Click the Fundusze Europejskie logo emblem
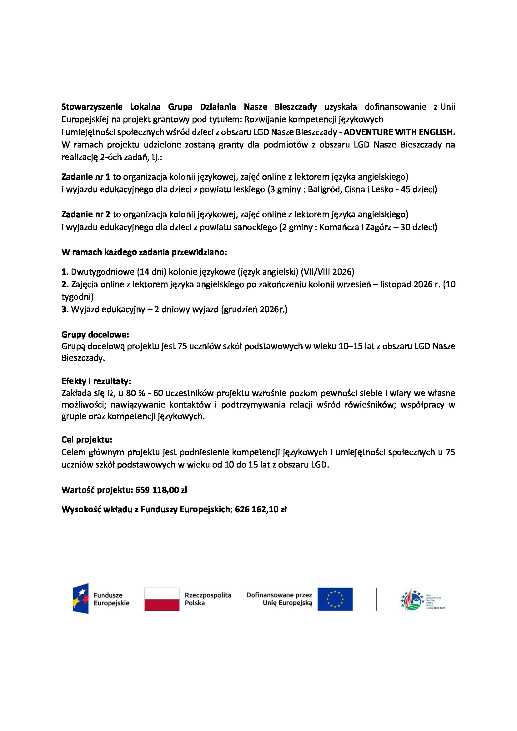(81, 598)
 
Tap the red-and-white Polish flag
(162, 599)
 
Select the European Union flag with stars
(335, 599)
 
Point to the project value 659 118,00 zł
(161, 490)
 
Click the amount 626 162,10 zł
(261, 509)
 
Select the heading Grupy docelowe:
(95, 334)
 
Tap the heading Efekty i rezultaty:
(96, 381)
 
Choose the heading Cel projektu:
(87, 440)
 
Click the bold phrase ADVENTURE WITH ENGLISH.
(399, 132)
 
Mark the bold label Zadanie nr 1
(86, 177)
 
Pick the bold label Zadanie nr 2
(86, 214)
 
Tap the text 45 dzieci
(418, 189)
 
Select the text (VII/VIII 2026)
(327, 272)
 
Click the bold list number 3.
(65, 309)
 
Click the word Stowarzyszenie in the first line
(92, 107)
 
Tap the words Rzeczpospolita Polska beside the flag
(208, 599)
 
